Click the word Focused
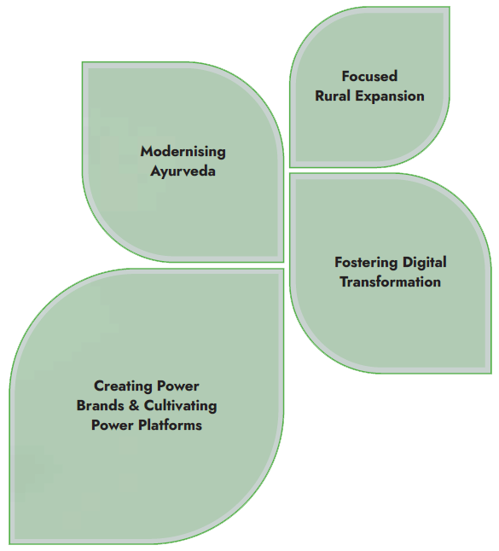coord(369,76)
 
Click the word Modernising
coord(183,152)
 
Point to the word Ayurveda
coord(183,171)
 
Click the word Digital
coord(425,263)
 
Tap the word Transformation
coord(390,281)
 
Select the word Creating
coord(124,386)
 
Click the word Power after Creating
coord(177,386)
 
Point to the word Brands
coord(100,405)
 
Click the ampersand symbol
coord(134,405)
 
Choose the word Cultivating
coord(180,406)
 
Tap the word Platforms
coord(170,426)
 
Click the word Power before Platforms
coord(113,426)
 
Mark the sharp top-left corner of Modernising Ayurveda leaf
coord(83,62)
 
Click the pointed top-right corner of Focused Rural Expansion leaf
coord(450,7)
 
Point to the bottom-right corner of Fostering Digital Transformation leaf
coord(491,374)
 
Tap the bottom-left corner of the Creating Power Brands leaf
coord(9,543)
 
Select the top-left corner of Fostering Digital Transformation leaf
coord(290,173)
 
